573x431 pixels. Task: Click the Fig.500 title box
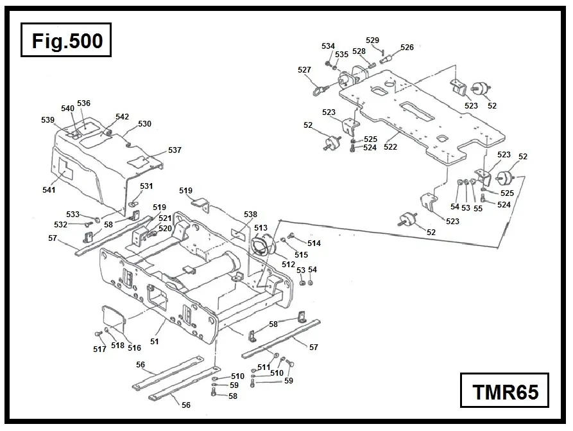tap(66, 41)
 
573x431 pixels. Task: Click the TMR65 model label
tap(505, 391)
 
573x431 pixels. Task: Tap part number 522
tap(390, 147)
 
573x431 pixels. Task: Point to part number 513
tap(261, 228)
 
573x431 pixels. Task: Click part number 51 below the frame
tap(155, 341)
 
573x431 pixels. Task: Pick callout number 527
tap(304, 69)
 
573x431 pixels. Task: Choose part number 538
tap(250, 215)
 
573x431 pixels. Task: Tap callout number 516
tap(133, 347)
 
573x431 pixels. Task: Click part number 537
tap(175, 150)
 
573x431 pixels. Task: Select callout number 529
tap(372, 40)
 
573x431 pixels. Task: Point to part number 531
tap(146, 186)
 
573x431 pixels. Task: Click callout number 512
tap(288, 264)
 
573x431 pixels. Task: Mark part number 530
tap(144, 123)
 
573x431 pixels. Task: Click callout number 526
tap(407, 48)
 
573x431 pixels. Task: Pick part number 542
tap(122, 117)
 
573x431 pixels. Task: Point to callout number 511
tap(263, 367)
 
